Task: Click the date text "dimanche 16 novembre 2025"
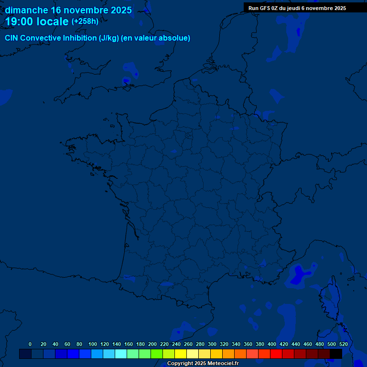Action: click(x=68, y=10)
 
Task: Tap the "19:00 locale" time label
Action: click(x=37, y=22)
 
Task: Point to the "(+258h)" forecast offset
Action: click(x=85, y=22)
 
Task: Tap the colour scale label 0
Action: click(x=30, y=344)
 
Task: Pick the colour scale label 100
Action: click(x=93, y=344)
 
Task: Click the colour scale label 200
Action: click(x=152, y=344)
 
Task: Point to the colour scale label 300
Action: click(x=212, y=344)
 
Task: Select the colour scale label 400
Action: click(x=272, y=344)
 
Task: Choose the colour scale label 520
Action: click(x=343, y=344)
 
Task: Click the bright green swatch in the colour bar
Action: click(x=157, y=354)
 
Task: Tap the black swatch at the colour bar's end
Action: click(x=336, y=354)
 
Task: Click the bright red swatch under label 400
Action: click(x=276, y=354)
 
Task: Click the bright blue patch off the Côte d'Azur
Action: click(x=300, y=276)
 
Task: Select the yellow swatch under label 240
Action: click(x=181, y=354)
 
